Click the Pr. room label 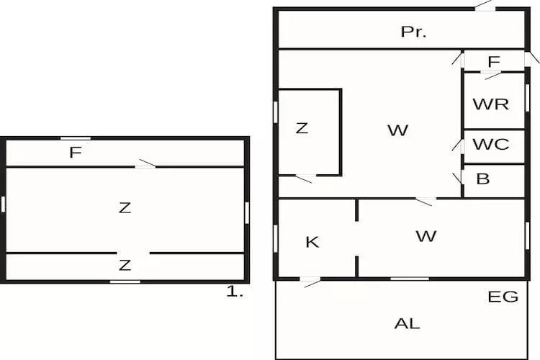[413, 32]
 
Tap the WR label [491, 104]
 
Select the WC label [491, 144]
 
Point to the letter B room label [483, 179]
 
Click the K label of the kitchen [312, 242]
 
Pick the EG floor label [503, 297]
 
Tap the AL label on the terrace [407, 323]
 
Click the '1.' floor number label [235, 292]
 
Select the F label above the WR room [494, 62]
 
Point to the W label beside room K [426, 236]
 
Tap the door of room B [459, 178]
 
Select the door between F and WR [491, 74]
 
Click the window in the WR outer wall [527, 97]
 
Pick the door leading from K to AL [310, 282]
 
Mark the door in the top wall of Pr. [485, 6]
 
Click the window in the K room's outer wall [275, 238]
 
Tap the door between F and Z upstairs [145, 164]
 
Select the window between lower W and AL [410, 279]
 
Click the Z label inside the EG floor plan [302, 128]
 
